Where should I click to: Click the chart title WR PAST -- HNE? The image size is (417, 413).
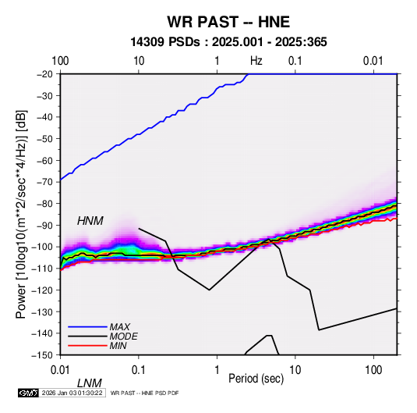(x=228, y=22)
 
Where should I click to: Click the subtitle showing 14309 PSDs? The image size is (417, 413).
(x=228, y=42)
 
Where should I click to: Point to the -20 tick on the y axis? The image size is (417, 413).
(x=45, y=74)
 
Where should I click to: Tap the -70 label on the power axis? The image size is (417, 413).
(x=45, y=182)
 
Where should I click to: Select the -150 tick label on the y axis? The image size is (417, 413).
(x=43, y=355)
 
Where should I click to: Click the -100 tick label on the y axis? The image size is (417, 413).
(x=43, y=247)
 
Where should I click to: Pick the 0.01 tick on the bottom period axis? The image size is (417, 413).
(x=60, y=370)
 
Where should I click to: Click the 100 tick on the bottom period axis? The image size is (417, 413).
(x=373, y=370)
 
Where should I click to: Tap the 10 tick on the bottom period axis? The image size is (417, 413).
(x=295, y=370)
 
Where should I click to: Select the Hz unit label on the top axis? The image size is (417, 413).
(x=256, y=61)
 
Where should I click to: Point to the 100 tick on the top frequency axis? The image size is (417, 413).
(x=60, y=61)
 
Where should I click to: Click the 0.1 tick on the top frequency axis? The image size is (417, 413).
(x=295, y=61)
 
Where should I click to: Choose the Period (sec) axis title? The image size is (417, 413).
(x=256, y=379)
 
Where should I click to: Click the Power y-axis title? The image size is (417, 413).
(x=21, y=214)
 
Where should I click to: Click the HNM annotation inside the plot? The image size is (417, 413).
(x=90, y=221)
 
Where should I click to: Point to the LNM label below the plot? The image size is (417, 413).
(x=90, y=383)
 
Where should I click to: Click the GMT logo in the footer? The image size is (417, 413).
(x=28, y=393)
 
